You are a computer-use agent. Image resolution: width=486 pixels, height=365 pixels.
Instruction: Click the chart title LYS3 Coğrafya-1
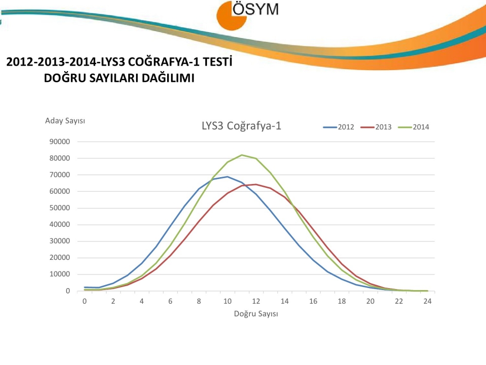click(242, 126)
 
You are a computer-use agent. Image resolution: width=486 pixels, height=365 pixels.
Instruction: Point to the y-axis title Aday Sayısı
click(65, 121)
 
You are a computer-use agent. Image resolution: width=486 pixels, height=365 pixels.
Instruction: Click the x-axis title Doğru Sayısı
click(256, 314)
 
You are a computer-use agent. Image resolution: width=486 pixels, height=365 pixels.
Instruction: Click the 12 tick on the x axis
click(256, 301)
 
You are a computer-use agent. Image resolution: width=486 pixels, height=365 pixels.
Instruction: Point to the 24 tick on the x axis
click(428, 301)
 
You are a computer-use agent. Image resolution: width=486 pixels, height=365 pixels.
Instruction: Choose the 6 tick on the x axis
click(171, 301)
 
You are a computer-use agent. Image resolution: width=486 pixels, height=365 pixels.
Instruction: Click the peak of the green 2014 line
click(242, 155)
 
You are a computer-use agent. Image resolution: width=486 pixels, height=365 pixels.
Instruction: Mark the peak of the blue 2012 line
click(227, 177)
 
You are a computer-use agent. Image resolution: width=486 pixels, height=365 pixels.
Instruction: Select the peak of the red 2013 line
click(256, 184)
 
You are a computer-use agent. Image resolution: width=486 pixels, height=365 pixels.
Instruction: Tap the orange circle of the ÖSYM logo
click(230, 16)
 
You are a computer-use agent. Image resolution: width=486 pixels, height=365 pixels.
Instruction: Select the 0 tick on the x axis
click(85, 301)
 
